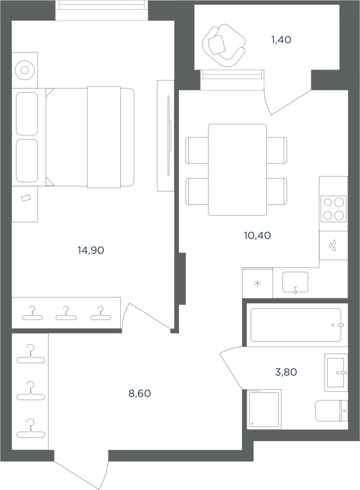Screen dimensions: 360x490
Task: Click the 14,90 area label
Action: [x=91, y=250]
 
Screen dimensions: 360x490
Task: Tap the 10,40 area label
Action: [x=257, y=235]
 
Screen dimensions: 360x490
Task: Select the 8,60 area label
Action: [x=140, y=394]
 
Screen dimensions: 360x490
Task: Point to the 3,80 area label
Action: [x=286, y=372]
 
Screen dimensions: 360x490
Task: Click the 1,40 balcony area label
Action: [x=281, y=40]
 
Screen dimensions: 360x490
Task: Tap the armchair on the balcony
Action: [x=224, y=45]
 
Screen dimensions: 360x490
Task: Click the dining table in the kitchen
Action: [x=237, y=170]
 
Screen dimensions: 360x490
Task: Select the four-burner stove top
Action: [x=333, y=209]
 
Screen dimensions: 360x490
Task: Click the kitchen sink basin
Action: [x=295, y=282]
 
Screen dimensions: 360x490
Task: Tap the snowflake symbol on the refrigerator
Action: [x=258, y=283]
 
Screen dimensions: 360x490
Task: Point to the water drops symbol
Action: [x=332, y=245]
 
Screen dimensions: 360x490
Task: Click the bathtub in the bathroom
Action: [x=296, y=325]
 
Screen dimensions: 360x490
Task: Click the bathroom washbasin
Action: [x=336, y=373]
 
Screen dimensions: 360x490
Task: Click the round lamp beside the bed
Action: [x=25, y=70]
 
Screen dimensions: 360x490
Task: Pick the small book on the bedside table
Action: [x=26, y=198]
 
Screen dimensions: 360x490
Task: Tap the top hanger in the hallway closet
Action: [x=31, y=354]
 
